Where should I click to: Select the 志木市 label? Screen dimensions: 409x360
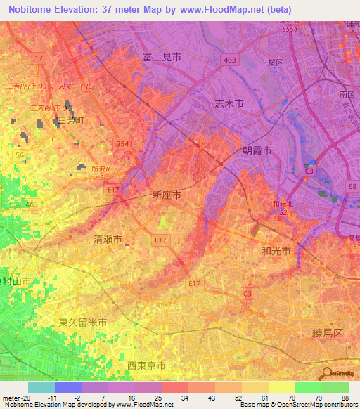tap(229, 103)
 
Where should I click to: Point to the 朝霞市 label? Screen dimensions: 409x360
tap(257, 150)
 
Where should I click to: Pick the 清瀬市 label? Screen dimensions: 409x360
tap(108, 240)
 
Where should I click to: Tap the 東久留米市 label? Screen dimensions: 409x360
tap(83, 323)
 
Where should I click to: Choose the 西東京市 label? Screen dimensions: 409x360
tap(146, 365)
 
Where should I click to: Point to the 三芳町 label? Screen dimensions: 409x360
tap(70, 121)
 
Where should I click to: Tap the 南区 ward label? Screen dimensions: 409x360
tap(346, 93)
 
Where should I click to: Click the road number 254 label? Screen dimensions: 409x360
tap(124, 143)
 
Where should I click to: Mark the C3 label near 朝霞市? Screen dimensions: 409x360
tap(309, 171)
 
